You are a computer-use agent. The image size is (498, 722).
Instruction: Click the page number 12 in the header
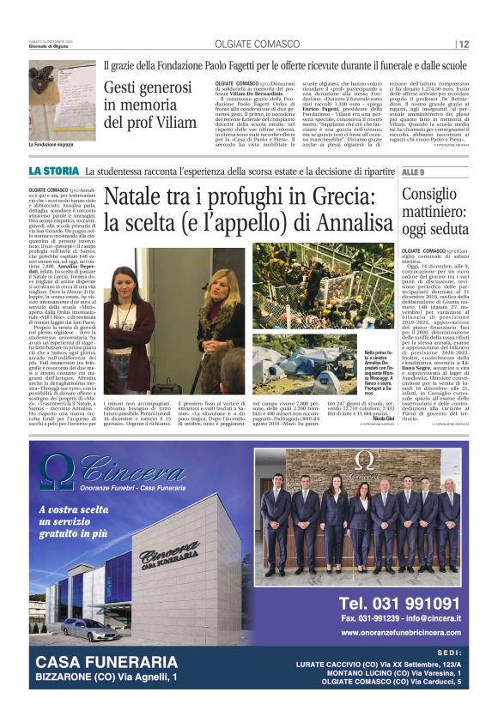click(464, 45)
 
